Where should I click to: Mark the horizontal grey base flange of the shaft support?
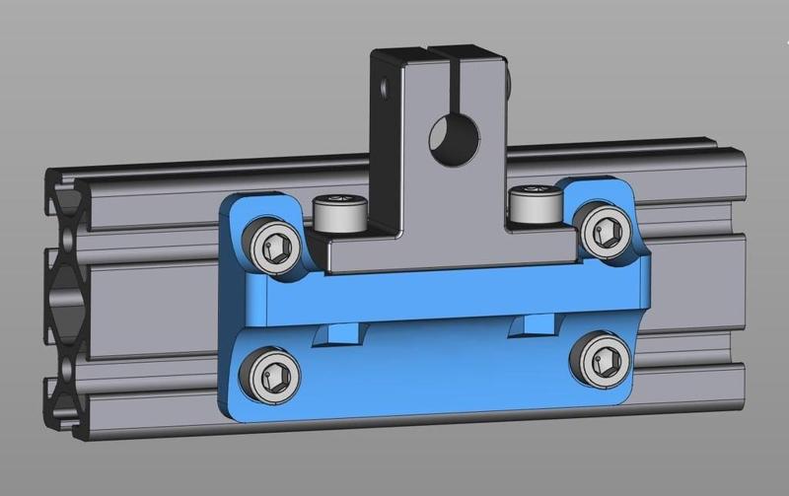(x=454, y=251)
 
